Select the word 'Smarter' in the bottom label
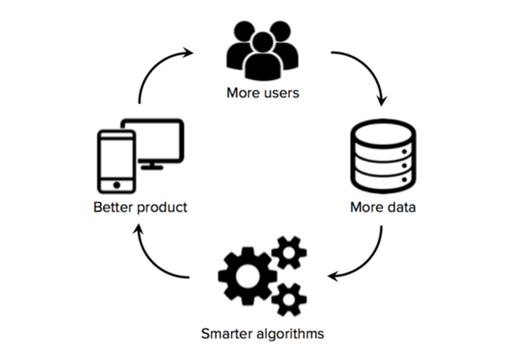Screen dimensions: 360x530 [228, 333]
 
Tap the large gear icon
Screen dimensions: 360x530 [246, 276]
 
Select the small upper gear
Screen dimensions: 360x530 [289, 253]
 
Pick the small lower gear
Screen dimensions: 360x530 [289, 299]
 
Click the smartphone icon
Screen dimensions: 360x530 [116, 161]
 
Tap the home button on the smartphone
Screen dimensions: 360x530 [117, 184]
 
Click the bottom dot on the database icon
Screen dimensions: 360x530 [404, 179]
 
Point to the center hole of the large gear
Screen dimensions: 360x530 [244, 276]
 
